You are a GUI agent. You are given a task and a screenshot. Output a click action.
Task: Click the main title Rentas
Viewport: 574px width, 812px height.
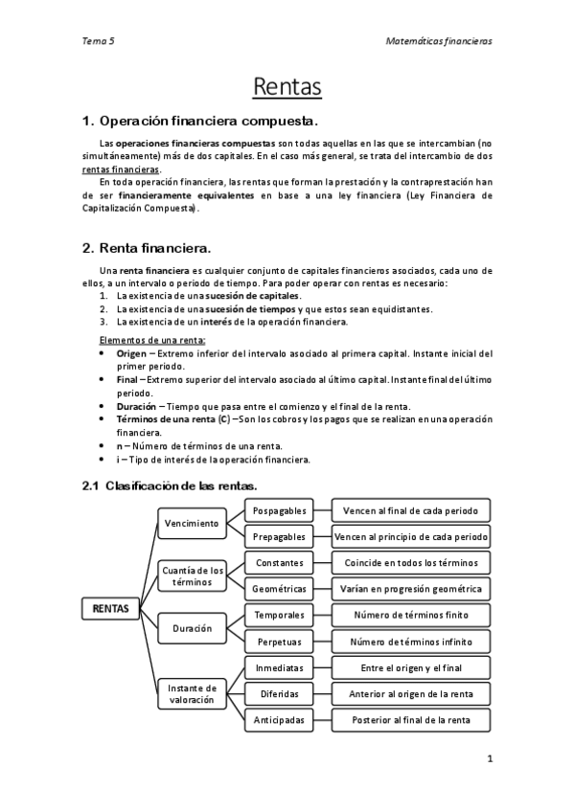(287, 87)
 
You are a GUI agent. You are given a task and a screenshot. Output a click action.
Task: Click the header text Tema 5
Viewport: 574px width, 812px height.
(99, 41)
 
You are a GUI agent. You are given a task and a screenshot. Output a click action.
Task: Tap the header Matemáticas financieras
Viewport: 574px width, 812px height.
(438, 41)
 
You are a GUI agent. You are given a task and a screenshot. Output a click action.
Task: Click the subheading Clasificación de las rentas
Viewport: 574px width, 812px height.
(171, 485)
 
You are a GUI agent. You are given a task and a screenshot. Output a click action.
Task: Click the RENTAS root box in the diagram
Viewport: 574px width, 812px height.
(110, 608)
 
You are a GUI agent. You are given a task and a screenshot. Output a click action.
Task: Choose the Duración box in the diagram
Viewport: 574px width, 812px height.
(192, 629)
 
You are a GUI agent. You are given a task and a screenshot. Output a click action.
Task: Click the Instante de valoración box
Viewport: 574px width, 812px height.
(192, 693)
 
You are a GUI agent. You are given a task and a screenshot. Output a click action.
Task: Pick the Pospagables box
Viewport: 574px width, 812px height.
(279, 510)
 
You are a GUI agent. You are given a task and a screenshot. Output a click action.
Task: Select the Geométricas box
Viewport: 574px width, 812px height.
(279, 588)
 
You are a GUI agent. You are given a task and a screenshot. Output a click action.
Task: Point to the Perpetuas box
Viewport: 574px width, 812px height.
(279, 641)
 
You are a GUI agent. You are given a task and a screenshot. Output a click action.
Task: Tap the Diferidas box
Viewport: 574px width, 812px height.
(279, 693)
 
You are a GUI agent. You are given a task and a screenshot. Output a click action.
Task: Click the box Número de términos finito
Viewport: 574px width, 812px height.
(410, 615)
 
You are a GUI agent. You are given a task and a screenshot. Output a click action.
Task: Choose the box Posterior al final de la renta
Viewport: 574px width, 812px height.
(410, 719)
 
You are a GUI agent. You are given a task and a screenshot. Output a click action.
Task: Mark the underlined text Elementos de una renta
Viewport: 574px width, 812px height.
(152, 341)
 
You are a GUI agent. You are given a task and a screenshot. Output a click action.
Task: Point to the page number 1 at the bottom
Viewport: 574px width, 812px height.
(490, 759)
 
